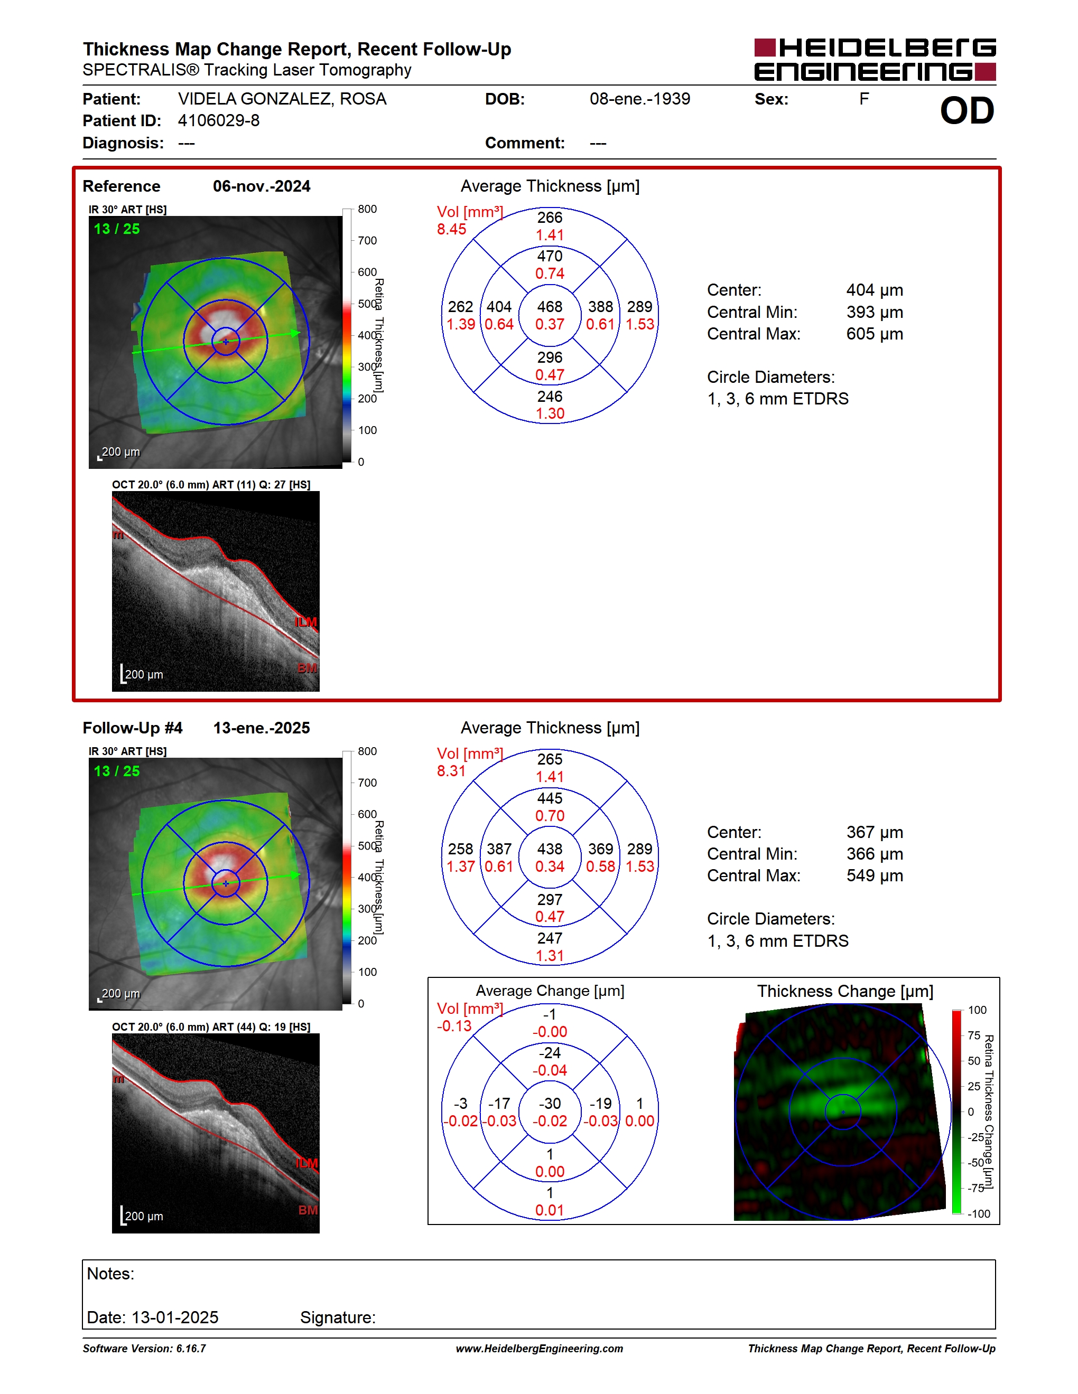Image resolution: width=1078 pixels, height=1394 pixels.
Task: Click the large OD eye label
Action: click(x=967, y=110)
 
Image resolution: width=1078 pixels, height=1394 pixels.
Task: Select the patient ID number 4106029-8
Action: click(x=218, y=120)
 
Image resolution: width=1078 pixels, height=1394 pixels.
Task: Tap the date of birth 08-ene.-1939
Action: click(x=640, y=99)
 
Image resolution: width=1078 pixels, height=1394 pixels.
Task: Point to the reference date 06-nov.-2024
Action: click(x=262, y=186)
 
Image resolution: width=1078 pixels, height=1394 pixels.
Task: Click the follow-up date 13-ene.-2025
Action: click(x=261, y=728)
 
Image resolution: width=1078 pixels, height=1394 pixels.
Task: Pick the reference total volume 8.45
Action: click(x=451, y=229)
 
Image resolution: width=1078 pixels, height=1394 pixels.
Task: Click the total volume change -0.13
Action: click(x=454, y=1026)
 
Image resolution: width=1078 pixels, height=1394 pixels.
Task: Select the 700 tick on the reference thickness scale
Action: click(x=367, y=241)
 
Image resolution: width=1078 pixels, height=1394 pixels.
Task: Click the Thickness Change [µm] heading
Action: click(x=845, y=991)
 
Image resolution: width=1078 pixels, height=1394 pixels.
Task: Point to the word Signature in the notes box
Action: click(x=338, y=1317)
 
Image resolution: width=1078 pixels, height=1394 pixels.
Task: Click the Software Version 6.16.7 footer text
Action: click(x=144, y=1349)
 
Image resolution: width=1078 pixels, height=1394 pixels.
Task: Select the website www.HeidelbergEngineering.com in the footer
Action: click(x=540, y=1349)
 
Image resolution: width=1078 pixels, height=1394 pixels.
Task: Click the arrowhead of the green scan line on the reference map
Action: click(x=296, y=333)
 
